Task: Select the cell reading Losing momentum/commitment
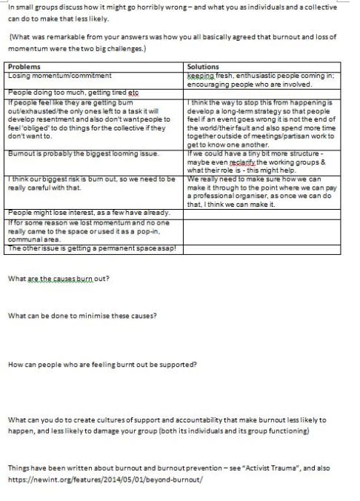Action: pyautogui.click(x=59, y=75)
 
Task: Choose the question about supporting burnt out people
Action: pyautogui.click(x=101, y=364)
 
